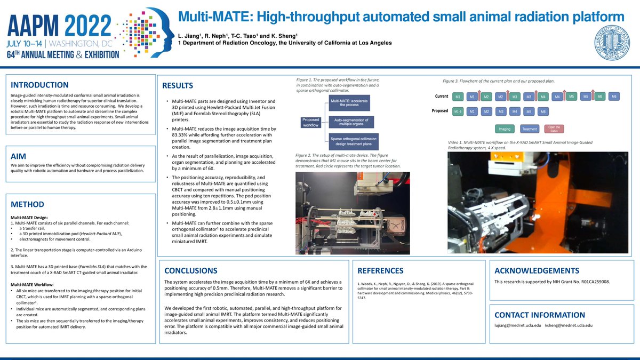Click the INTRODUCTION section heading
point(39,85)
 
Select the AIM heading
point(20,156)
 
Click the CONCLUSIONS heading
point(191,270)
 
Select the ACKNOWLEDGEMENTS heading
point(537,270)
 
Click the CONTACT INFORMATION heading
point(540,315)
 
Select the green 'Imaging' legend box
point(503,129)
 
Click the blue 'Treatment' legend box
point(530,129)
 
